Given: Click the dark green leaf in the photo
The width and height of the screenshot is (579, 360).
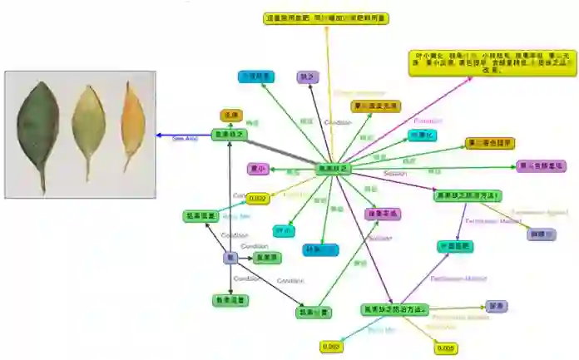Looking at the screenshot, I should coord(38,125).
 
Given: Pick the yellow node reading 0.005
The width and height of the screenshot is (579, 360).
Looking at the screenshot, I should coord(444,348).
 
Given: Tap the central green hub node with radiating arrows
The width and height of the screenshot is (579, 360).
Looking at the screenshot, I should coord(334,169).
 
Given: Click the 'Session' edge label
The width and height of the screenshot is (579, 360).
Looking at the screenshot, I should coord(394,173).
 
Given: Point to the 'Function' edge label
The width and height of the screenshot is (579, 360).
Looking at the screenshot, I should coord(428,121).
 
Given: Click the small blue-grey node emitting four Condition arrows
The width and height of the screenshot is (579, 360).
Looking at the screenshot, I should coord(230,258).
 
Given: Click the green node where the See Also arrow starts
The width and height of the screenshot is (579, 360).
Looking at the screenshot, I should coord(229,135).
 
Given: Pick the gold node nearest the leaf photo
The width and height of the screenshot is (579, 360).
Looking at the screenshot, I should coord(230,115).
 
